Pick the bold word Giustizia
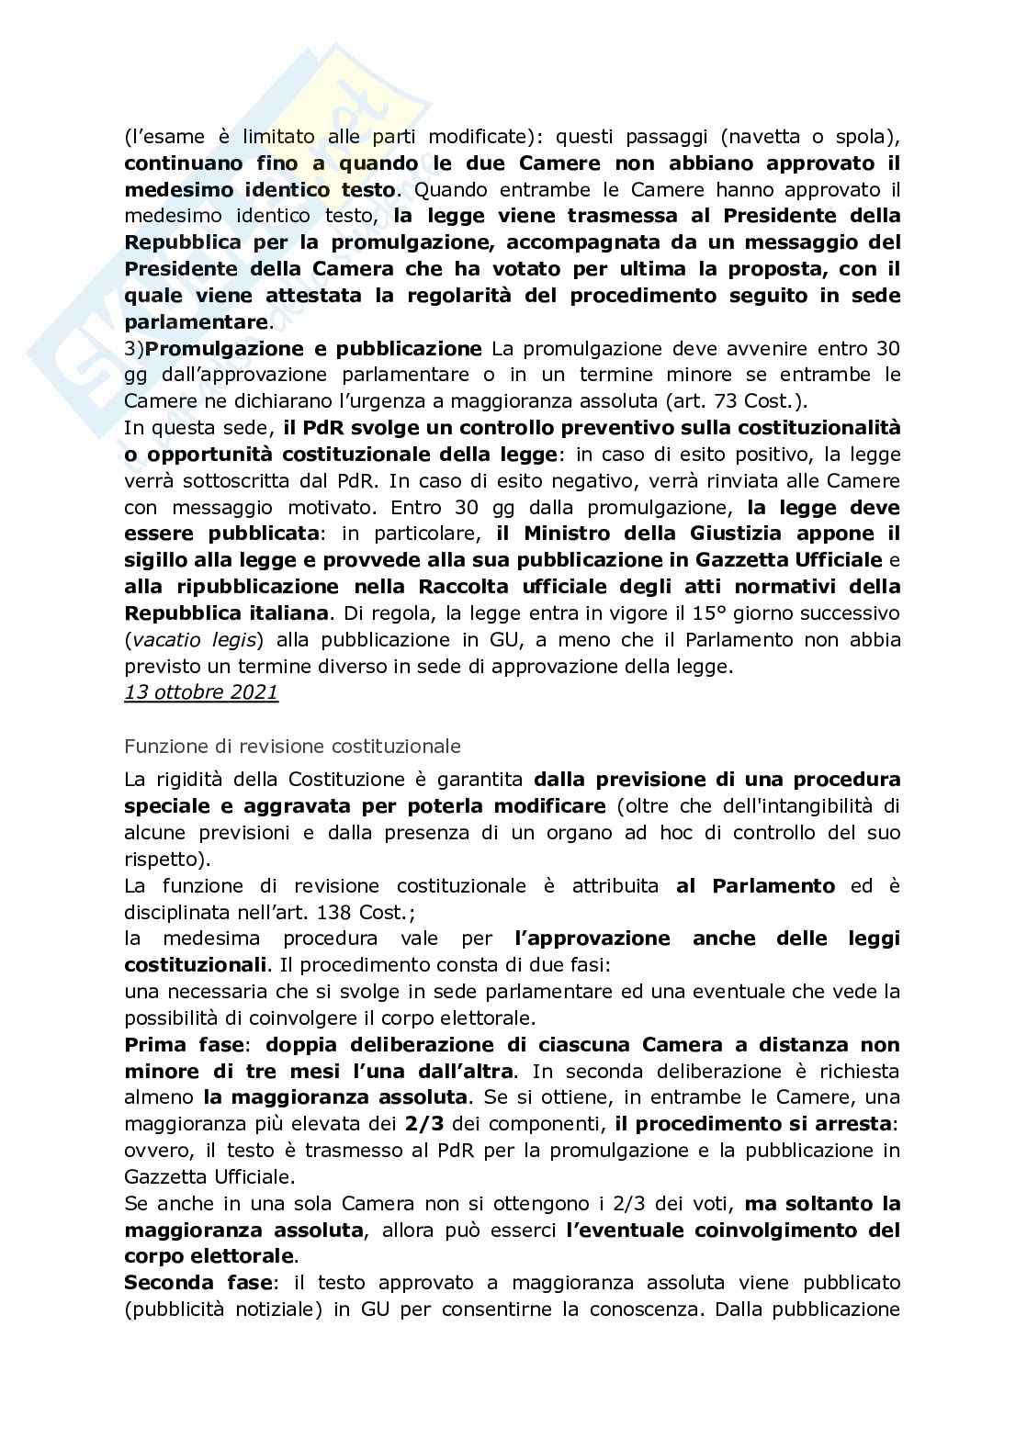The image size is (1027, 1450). (724, 534)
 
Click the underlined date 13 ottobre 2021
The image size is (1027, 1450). (200, 692)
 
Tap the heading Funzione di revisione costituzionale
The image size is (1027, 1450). (292, 746)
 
